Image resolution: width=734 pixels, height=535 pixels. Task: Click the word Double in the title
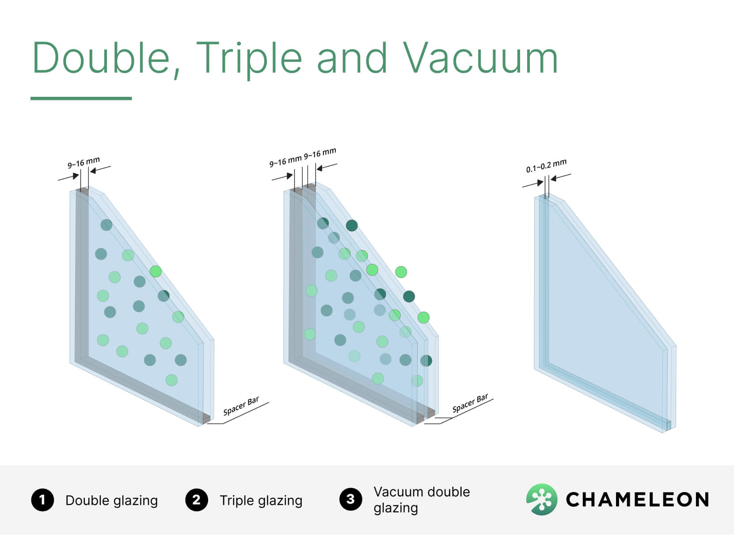[x=101, y=58]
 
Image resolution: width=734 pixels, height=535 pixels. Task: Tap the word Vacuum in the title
[x=480, y=57]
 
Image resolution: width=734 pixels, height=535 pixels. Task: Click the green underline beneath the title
[x=81, y=98]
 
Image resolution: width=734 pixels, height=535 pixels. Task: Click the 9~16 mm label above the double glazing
[x=84, y=163]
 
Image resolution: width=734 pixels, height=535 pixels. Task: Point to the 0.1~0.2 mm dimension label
[x=546, y=166]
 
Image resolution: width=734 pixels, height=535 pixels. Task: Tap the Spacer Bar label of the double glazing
[x=241, y=405]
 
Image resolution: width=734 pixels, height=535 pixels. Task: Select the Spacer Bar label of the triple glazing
[x=470, y=403]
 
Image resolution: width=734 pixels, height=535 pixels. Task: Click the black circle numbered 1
[x=42, y=500]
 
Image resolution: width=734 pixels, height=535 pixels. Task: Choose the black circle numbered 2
[x=197, y=500]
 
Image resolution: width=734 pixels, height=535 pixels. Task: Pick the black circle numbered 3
[x=350, y=499]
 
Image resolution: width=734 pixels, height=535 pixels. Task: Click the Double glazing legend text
[x=111, y=501]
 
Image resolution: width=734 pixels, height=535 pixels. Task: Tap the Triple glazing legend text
[x=261, y=501]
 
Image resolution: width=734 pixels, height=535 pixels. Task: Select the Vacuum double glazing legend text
[x=422, y=500]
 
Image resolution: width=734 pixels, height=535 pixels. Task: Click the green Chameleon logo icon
[x=542, y=499]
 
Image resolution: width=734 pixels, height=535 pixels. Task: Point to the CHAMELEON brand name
[x=637, y=500]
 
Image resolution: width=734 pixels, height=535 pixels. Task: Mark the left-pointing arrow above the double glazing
[x=101, y=169]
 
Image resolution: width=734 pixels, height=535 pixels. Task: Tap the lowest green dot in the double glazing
[x=172, y=380]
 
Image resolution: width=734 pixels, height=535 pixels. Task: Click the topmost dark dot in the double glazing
[x=106, y=225]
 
